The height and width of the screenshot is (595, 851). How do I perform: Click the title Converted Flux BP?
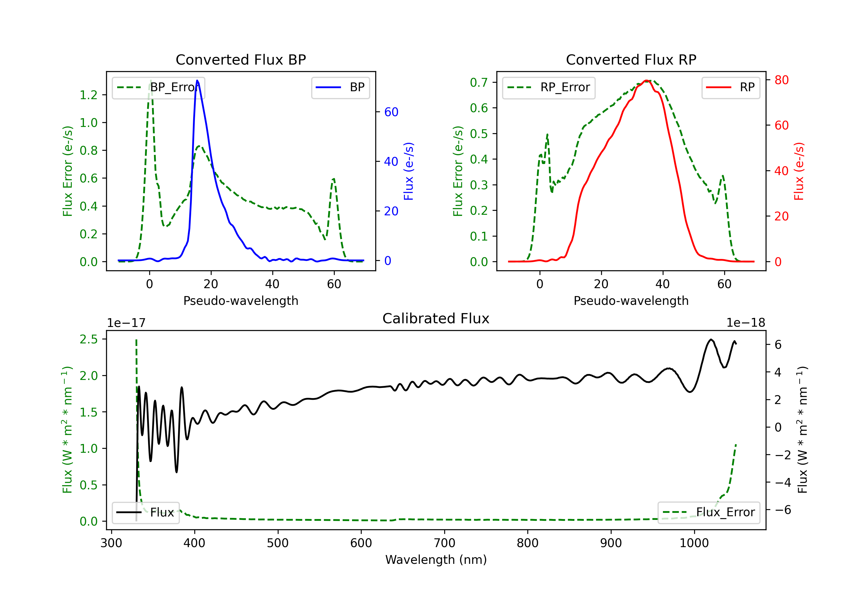[241, 59]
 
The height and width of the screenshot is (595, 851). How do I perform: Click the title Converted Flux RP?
[631, 59]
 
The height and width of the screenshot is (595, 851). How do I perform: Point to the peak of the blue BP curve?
[197, 81]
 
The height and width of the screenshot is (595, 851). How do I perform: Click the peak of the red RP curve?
[646, 81]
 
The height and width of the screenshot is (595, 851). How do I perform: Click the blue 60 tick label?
[391, 112]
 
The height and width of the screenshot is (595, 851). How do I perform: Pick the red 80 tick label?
[781, 80]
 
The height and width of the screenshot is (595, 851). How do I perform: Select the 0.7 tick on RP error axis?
[479, 82]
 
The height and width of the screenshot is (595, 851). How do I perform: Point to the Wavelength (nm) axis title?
[436, 560]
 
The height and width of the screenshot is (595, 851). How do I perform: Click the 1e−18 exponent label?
[745, 323]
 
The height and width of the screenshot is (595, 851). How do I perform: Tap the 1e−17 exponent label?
[127, 323]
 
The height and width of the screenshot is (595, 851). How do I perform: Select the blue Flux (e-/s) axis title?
[408, 171]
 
